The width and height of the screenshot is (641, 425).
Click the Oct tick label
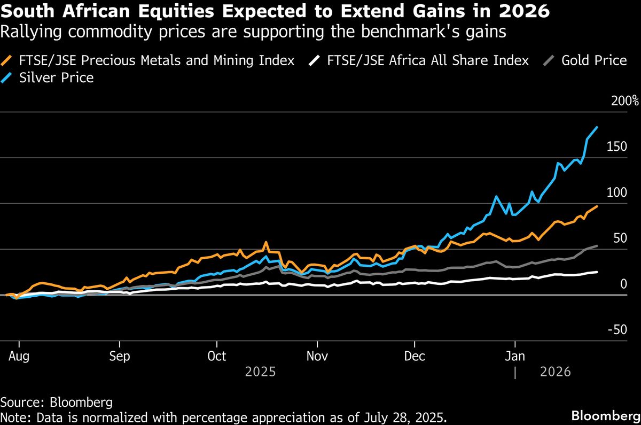pyautogui.click(x=216, y=357)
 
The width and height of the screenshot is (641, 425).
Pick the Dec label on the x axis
pyautogui.click(x=415, y=357)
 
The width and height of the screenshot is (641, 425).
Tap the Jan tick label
pyautogui.click(x=514, y=357)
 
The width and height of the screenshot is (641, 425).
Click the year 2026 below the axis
pyautogui.click(x=556, y=372)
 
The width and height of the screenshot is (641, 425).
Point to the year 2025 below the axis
pyautogui.click(x=260, y=372)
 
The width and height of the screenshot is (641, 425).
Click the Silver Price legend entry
pyautogui.click(x=56, y=78)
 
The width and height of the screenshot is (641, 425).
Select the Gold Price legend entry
pyautogui.click(x=593, y=60)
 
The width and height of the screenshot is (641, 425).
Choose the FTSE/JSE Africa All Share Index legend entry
pyautogui.click(x=428, y=60)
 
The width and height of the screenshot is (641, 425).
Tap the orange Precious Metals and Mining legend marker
pyautogui.click(x=8, y=60)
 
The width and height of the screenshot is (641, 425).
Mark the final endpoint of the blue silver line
pyautogui.click(x=597, y=127)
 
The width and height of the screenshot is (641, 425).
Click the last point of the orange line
pyautogui.click(x=597, y=206)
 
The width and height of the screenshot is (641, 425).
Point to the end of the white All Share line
pyautogui.click(x=597, y=272)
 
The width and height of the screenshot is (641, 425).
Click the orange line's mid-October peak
pyautogui.click(x=266, y=243)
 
